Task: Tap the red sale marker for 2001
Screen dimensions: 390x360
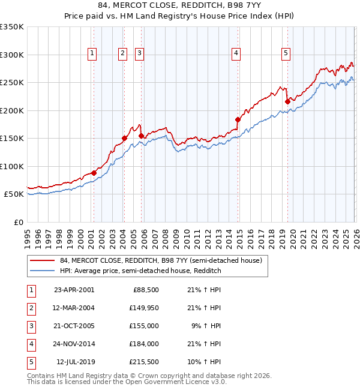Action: pos(94,173)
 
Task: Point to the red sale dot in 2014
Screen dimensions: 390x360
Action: pos(238,119)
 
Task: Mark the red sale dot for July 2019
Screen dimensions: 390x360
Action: pos(287,102)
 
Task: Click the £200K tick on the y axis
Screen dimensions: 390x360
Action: pos(12,110)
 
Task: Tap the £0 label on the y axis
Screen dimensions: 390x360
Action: pos(18,222)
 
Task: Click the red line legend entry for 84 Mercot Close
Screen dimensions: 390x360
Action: pos(160,261)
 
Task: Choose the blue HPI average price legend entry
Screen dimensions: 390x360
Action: pos(140,271)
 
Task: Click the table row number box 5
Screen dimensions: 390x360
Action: pos(30,362)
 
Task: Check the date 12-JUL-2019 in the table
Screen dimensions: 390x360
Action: pos(75,362)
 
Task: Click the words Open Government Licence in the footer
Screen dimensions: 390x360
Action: pos(172,382)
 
